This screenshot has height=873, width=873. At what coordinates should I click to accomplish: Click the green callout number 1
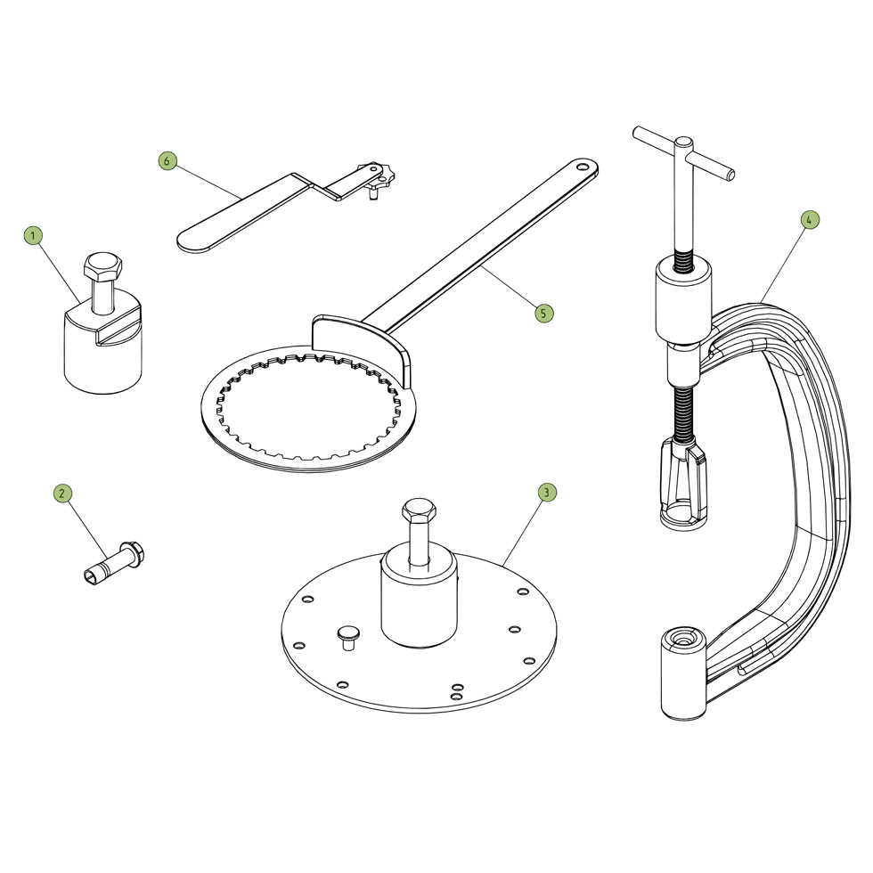(33, 235)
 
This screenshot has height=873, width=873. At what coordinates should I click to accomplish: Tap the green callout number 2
(62, 493)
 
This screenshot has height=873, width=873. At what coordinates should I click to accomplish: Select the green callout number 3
(547, 492)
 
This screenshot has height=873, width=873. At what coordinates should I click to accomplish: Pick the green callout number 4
(809, 220)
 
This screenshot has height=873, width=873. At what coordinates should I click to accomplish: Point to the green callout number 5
(544, 313)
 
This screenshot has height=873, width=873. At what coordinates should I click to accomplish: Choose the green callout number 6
(167, 161)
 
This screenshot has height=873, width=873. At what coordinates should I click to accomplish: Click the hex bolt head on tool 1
(102, 265)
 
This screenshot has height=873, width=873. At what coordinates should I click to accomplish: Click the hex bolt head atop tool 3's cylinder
(419, 512)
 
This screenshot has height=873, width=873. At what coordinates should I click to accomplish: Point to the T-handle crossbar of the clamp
(684, 151)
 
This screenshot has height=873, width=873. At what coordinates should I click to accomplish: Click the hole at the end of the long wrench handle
(583, 166)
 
